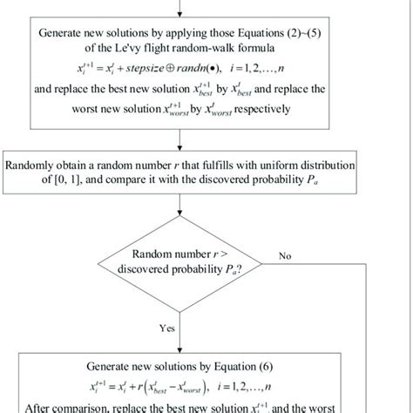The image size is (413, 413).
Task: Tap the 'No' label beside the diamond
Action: point(286,256)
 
